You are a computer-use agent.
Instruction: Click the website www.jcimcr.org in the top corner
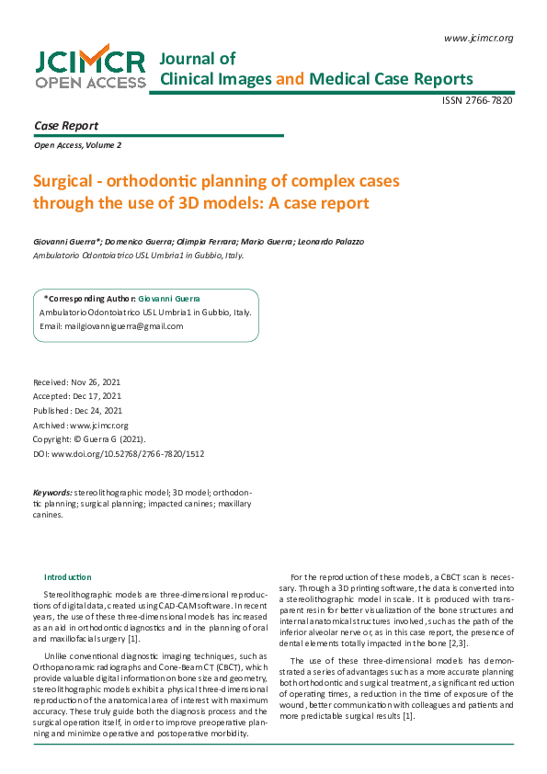coord(478,38)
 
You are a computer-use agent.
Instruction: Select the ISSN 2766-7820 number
coord(478,100)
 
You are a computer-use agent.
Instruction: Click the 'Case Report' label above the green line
coord(66,126)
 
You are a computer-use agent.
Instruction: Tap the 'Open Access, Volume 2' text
coord(77,145)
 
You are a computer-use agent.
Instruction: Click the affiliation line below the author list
coord(139,256)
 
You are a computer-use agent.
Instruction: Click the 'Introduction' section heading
coord(68,575)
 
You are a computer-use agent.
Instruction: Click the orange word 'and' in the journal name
coord(290,79)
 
